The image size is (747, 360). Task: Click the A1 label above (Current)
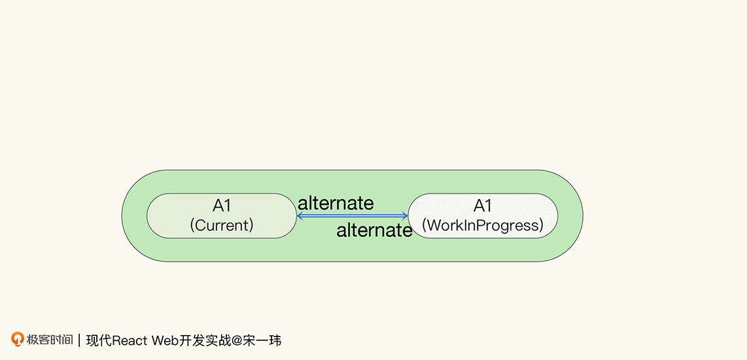(222, 206)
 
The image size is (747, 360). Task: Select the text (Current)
(222, 225)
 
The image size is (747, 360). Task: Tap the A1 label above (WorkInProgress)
(483, 206)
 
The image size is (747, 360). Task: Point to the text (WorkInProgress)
(483, 225)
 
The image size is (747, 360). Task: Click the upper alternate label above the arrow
(336, 203)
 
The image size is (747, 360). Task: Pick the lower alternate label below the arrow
(374, 231)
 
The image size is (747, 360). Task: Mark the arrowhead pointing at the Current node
(300, 216)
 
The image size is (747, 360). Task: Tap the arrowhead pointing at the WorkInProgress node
(405, 216)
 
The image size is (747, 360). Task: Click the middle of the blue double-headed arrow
(353, 216)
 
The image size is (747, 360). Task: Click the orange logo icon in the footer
(18, 339)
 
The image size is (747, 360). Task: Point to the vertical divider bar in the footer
(79, 340)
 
